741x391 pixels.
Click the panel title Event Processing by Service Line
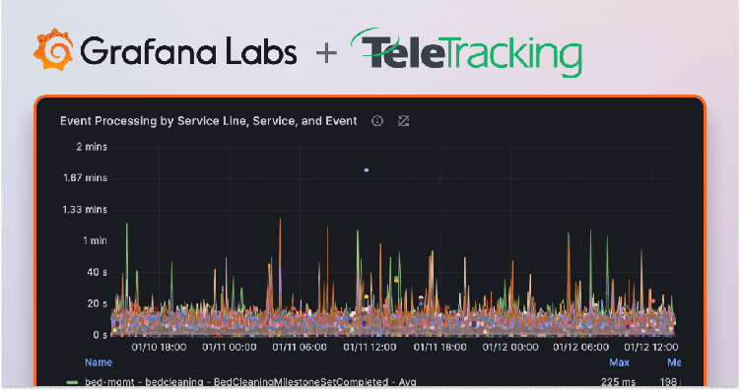coord(208,121)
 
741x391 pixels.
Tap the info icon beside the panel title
coord(376,121)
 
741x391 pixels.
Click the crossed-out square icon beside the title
coord(403,121)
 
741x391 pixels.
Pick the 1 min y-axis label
coord(94,241)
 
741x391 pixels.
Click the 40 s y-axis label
coord(97,273)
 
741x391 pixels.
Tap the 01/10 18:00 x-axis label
coord(160,347)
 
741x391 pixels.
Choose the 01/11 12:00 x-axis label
coord(370,347)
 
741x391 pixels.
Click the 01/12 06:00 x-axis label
coord(581,347)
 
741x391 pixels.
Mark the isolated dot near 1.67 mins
coord(367,170)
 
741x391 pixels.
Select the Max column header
coord(619,362)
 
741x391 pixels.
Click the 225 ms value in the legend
coord(616,381)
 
